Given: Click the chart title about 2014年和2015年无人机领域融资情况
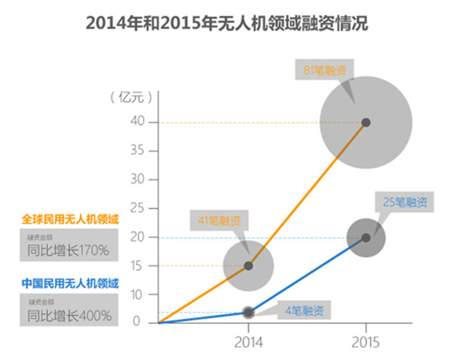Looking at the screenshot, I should [x=226, y=23].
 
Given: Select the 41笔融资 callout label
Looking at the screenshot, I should [x=220, y=220].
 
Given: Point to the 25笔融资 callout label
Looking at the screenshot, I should [x=405, y=202].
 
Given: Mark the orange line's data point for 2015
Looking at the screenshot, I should [x=365, y=122].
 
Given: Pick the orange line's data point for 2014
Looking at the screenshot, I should [x=248, y=265].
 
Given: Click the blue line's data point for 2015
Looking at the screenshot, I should [x=365, y=238].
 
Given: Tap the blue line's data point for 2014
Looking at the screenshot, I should [x=249, y=312].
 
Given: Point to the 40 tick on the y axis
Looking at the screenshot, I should [x=136, y=122].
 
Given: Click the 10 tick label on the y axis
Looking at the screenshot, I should [x=136, y=294].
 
